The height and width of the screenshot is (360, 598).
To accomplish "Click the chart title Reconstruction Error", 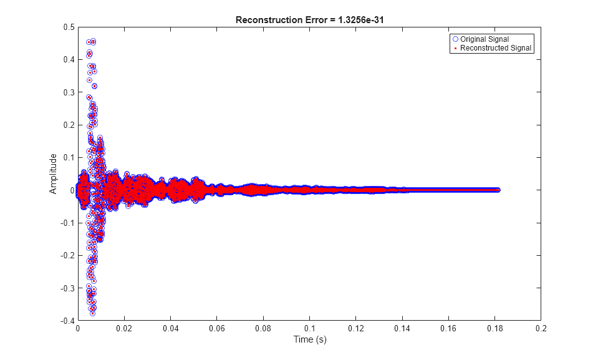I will tap(279, 20).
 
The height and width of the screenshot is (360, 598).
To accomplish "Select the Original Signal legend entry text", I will tap(485, 39).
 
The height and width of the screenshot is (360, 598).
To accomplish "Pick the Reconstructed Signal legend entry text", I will tap(496, 48).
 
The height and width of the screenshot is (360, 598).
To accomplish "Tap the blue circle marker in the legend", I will tap(455, 39).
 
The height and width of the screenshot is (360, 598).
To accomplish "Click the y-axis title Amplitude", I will tap(54, 173).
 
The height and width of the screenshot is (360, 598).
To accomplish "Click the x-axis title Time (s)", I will tap(310, 339).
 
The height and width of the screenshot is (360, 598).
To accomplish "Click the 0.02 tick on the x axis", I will tap(124, 328).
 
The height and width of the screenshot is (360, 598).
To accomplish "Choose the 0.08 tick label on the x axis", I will tap(263, 328).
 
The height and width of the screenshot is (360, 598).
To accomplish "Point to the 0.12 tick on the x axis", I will tap(356, 328).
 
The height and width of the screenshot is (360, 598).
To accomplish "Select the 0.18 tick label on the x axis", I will tap(495, 328).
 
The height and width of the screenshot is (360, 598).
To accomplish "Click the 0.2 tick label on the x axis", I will tap(541, 328).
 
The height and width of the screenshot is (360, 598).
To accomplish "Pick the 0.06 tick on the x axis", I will tap(217, 328).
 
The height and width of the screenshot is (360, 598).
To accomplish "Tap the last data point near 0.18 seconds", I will tap(498, 190).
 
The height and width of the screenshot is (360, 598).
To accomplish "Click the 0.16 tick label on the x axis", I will tap(449, 328).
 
